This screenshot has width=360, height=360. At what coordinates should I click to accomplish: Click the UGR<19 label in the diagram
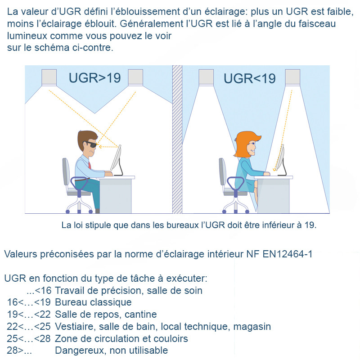coord(249,78)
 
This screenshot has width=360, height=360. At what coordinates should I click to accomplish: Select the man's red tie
coord(90,163)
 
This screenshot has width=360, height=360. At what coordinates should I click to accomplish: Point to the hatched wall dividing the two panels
coord(177,139)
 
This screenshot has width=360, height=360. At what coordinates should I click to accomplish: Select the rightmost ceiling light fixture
coord(292,76)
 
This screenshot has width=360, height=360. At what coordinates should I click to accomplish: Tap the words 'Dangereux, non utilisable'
coord(111,351)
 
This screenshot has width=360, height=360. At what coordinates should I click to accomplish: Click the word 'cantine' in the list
coord(140,315)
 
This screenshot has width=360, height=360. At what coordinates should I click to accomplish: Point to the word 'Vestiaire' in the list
coord(73,326)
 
